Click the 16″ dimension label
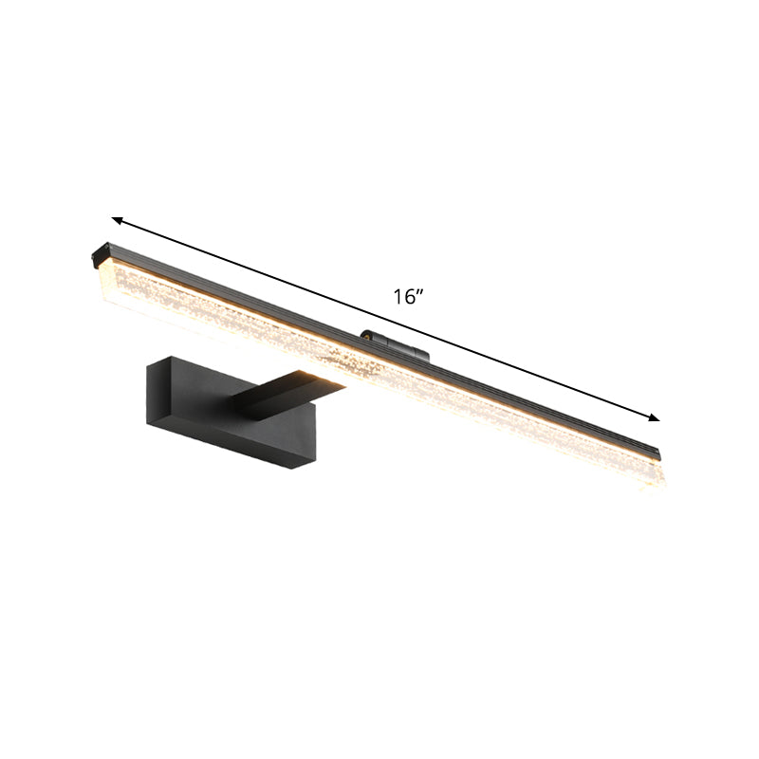[x=408, y=297]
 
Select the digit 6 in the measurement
[x=409, y=297]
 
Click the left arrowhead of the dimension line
[x=118, y=220]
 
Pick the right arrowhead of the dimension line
[x=654, y=417]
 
